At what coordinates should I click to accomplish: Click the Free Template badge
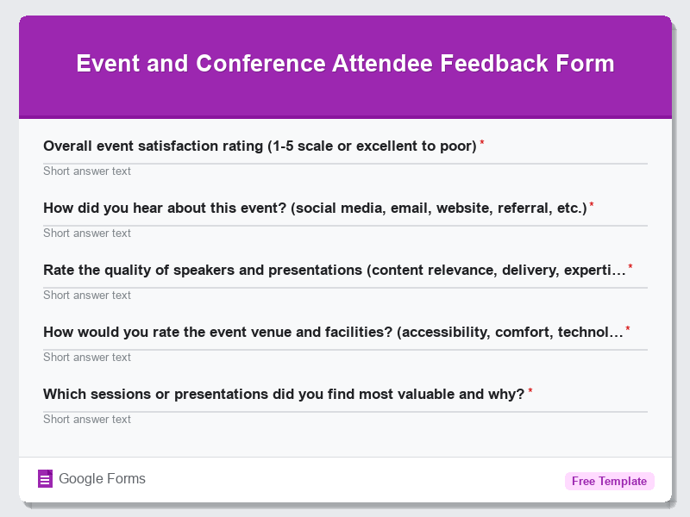[x=609, y=481]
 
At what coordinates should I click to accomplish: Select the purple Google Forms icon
[x=46, y=479]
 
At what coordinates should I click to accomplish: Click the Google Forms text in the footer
[x=102, y=479]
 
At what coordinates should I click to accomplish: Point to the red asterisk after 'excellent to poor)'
[x=482, y=143]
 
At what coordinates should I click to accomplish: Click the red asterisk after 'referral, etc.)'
[x=592, y=205]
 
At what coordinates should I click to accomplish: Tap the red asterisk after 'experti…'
[x=630, y=267]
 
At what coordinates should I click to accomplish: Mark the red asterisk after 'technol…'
[x=628, y=329]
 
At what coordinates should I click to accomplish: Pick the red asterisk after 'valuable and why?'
[x=530, y=391]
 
